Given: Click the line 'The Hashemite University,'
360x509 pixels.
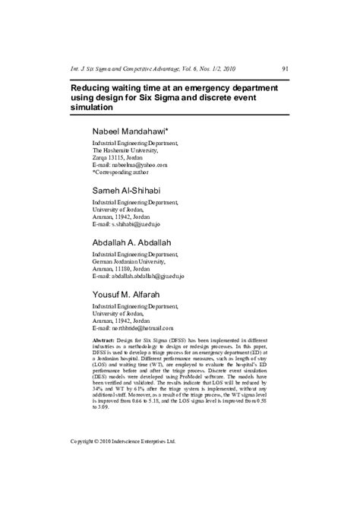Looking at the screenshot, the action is pyautogui.click(x=125, y=150).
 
